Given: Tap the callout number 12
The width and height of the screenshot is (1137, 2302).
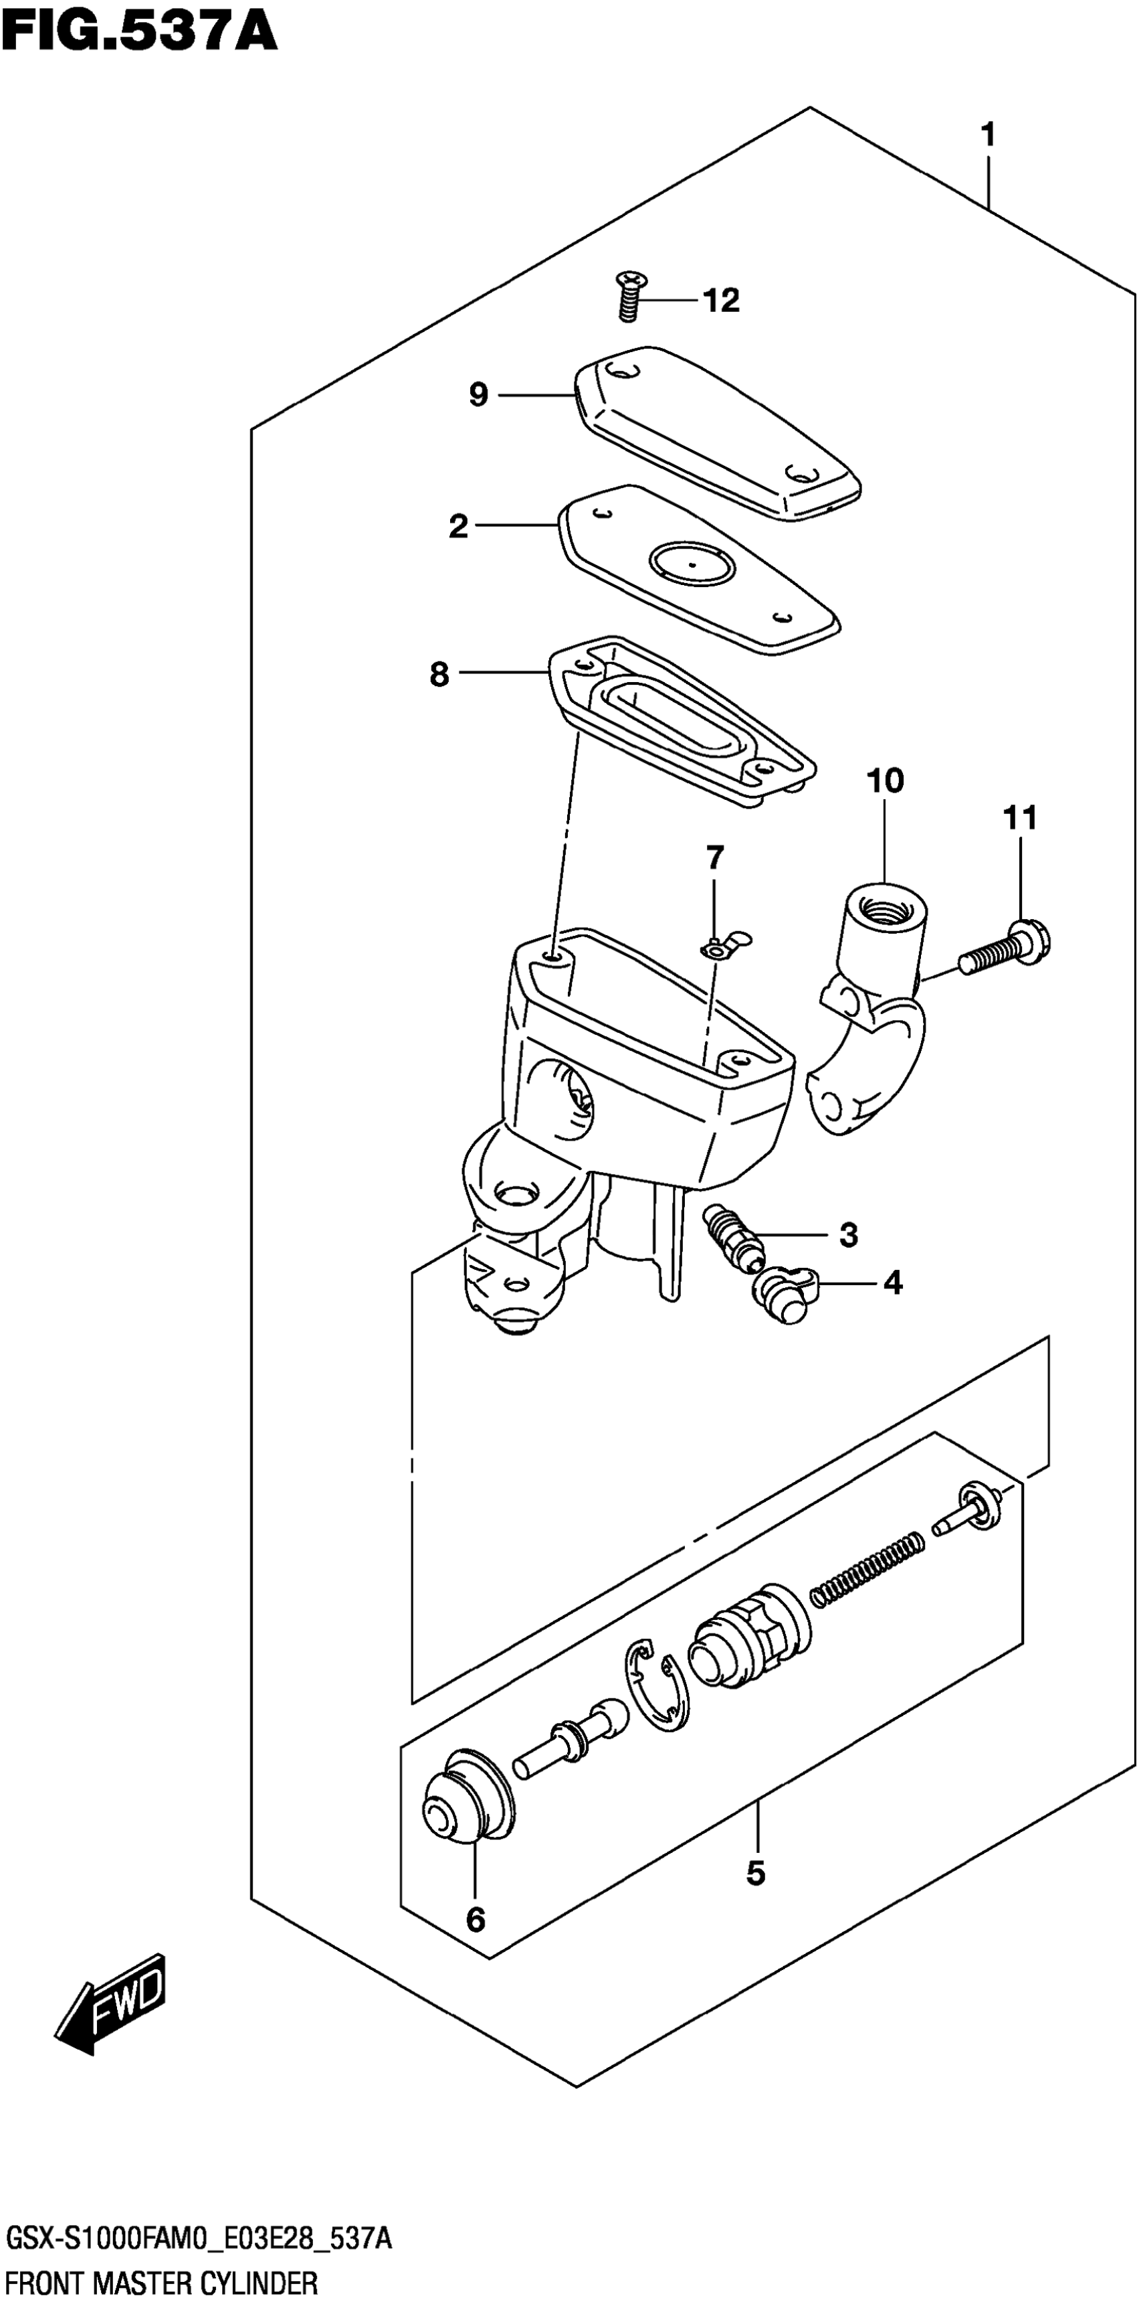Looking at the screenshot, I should point(721,301).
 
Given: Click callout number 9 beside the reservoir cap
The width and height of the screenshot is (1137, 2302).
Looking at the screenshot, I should point(479,394).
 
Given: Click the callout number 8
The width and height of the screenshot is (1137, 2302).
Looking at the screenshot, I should point(439,674).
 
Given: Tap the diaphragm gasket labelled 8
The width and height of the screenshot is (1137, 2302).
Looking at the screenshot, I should point(679,720).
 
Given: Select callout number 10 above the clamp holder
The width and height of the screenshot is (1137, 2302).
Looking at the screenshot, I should point(884,781).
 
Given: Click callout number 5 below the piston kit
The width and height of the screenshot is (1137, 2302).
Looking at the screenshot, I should point(756,1872).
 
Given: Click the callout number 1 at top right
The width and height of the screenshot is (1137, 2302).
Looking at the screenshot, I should point(987,135).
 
